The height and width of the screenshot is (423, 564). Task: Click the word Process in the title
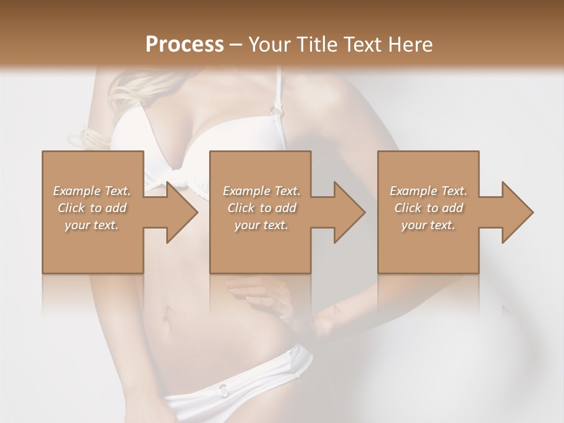pos(184,45)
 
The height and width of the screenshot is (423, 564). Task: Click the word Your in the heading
pos(268,45)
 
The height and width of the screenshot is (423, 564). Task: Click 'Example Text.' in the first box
pos(92,191)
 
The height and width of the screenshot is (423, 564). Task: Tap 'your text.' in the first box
pos(92,225)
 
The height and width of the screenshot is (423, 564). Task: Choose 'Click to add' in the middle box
pos(261,208)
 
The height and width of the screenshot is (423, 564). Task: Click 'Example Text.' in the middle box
pos(261,191)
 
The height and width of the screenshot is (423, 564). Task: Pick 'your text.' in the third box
pos(428,225)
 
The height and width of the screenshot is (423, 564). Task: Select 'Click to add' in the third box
pos(428,208)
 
